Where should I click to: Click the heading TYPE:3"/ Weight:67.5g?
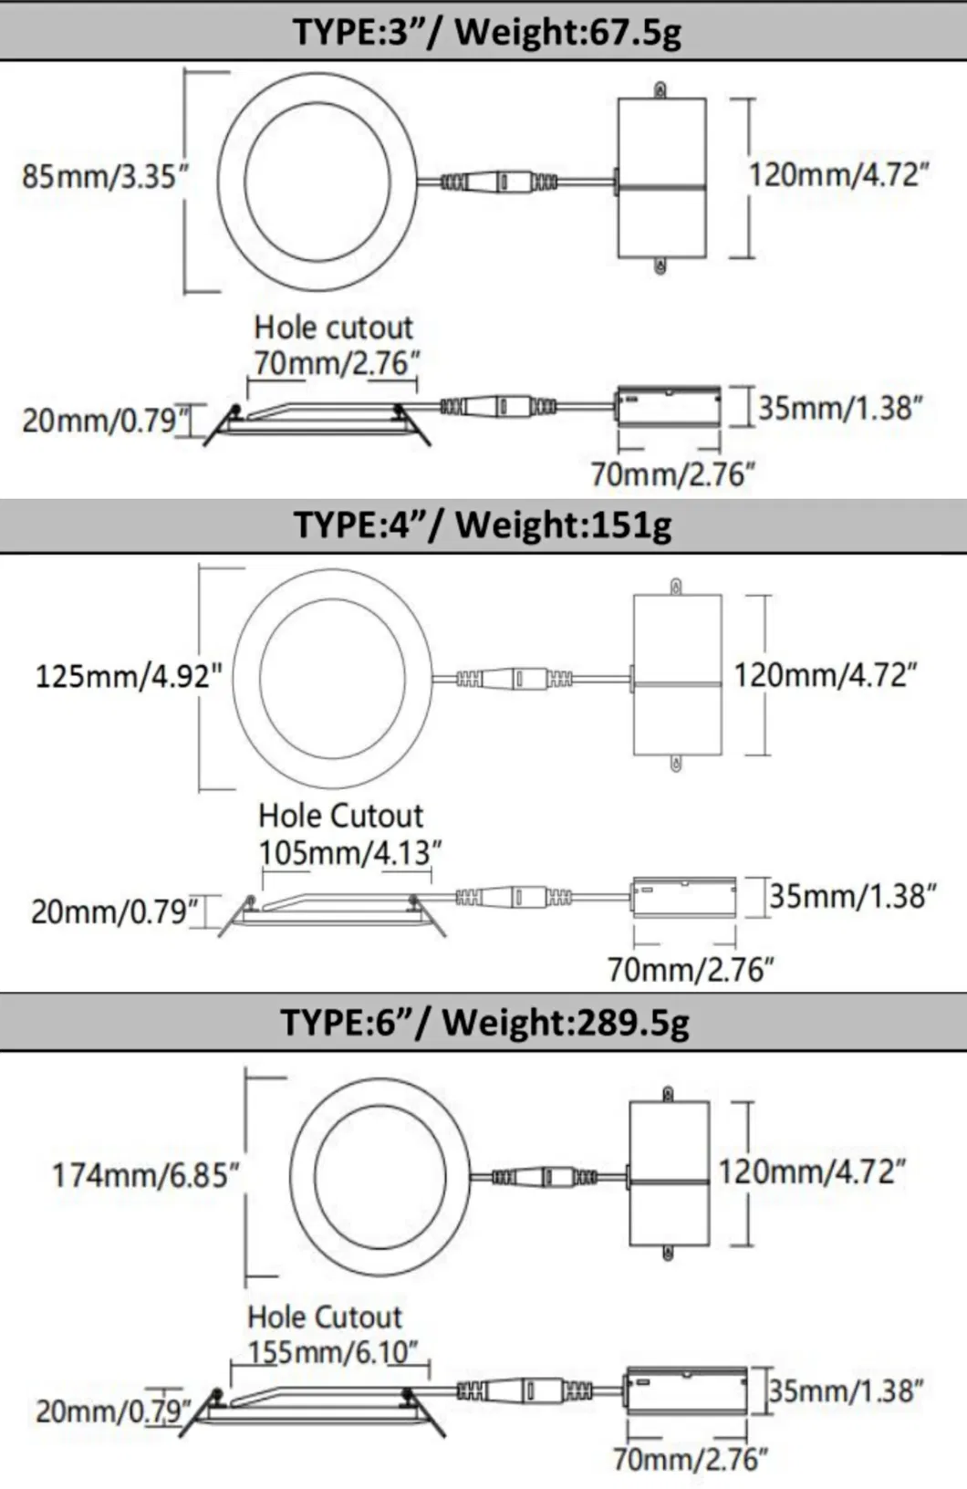pyautogui.click(x=487, y=31)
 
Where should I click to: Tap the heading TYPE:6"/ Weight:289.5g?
pyautogui.click(x=485, y=1023)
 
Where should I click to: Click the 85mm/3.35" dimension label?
pyautogui.click(x=106, y=177)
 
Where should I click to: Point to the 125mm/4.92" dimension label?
pyautogui.click(x=129, y=677)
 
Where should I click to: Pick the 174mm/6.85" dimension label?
pyautogui.click(x=145, y=1175)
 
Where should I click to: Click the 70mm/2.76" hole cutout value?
pyautogui.click(x=337, y=364)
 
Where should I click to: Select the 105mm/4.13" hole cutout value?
pyautogui.click(x=349, y=852)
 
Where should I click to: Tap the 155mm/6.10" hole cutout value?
pyautogui.click(x=333, y=1350)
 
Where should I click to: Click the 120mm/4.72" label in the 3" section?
pyautogui.click(x=838, y=175)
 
